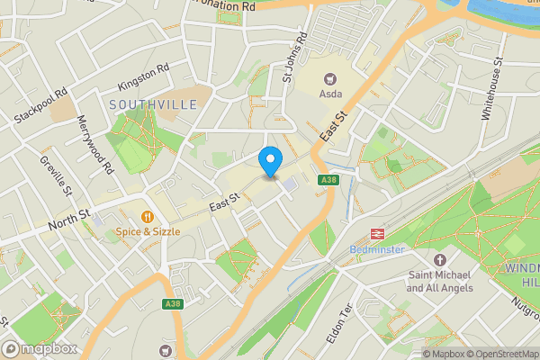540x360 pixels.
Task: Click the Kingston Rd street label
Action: (143, 78)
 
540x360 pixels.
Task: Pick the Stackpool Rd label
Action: (41, 106)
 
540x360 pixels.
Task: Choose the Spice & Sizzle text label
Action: (148, 231)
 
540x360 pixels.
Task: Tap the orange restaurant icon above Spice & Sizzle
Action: (148, 216)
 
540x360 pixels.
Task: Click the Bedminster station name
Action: (376, 249)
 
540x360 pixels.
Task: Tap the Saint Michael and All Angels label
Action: (440, 282)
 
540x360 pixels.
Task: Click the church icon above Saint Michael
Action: (440, 260)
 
